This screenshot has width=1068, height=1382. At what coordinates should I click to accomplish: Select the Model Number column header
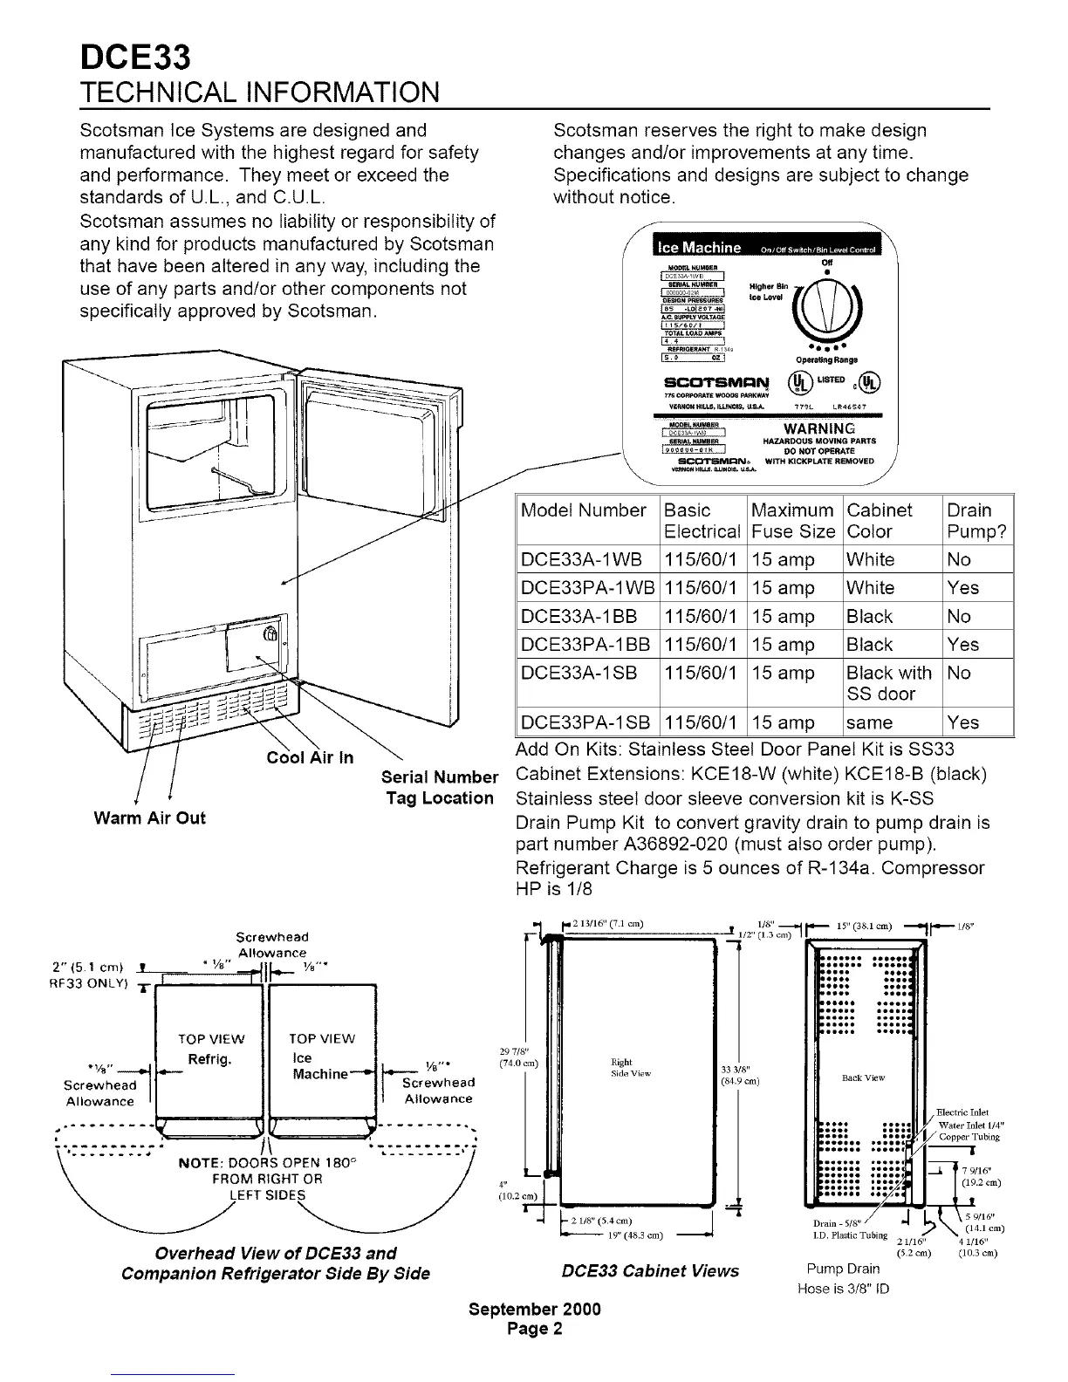583,510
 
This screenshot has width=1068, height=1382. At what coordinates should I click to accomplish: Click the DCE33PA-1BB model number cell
585,645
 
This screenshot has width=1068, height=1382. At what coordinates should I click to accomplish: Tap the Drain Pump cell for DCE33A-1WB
959,560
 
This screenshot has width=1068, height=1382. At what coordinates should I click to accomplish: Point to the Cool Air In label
310,757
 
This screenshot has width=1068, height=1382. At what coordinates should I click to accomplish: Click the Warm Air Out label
150,818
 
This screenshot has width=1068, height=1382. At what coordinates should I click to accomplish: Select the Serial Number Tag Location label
440,787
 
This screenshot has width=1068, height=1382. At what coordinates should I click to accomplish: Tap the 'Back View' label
863,1078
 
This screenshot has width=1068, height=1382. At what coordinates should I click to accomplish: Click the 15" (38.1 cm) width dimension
863,926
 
